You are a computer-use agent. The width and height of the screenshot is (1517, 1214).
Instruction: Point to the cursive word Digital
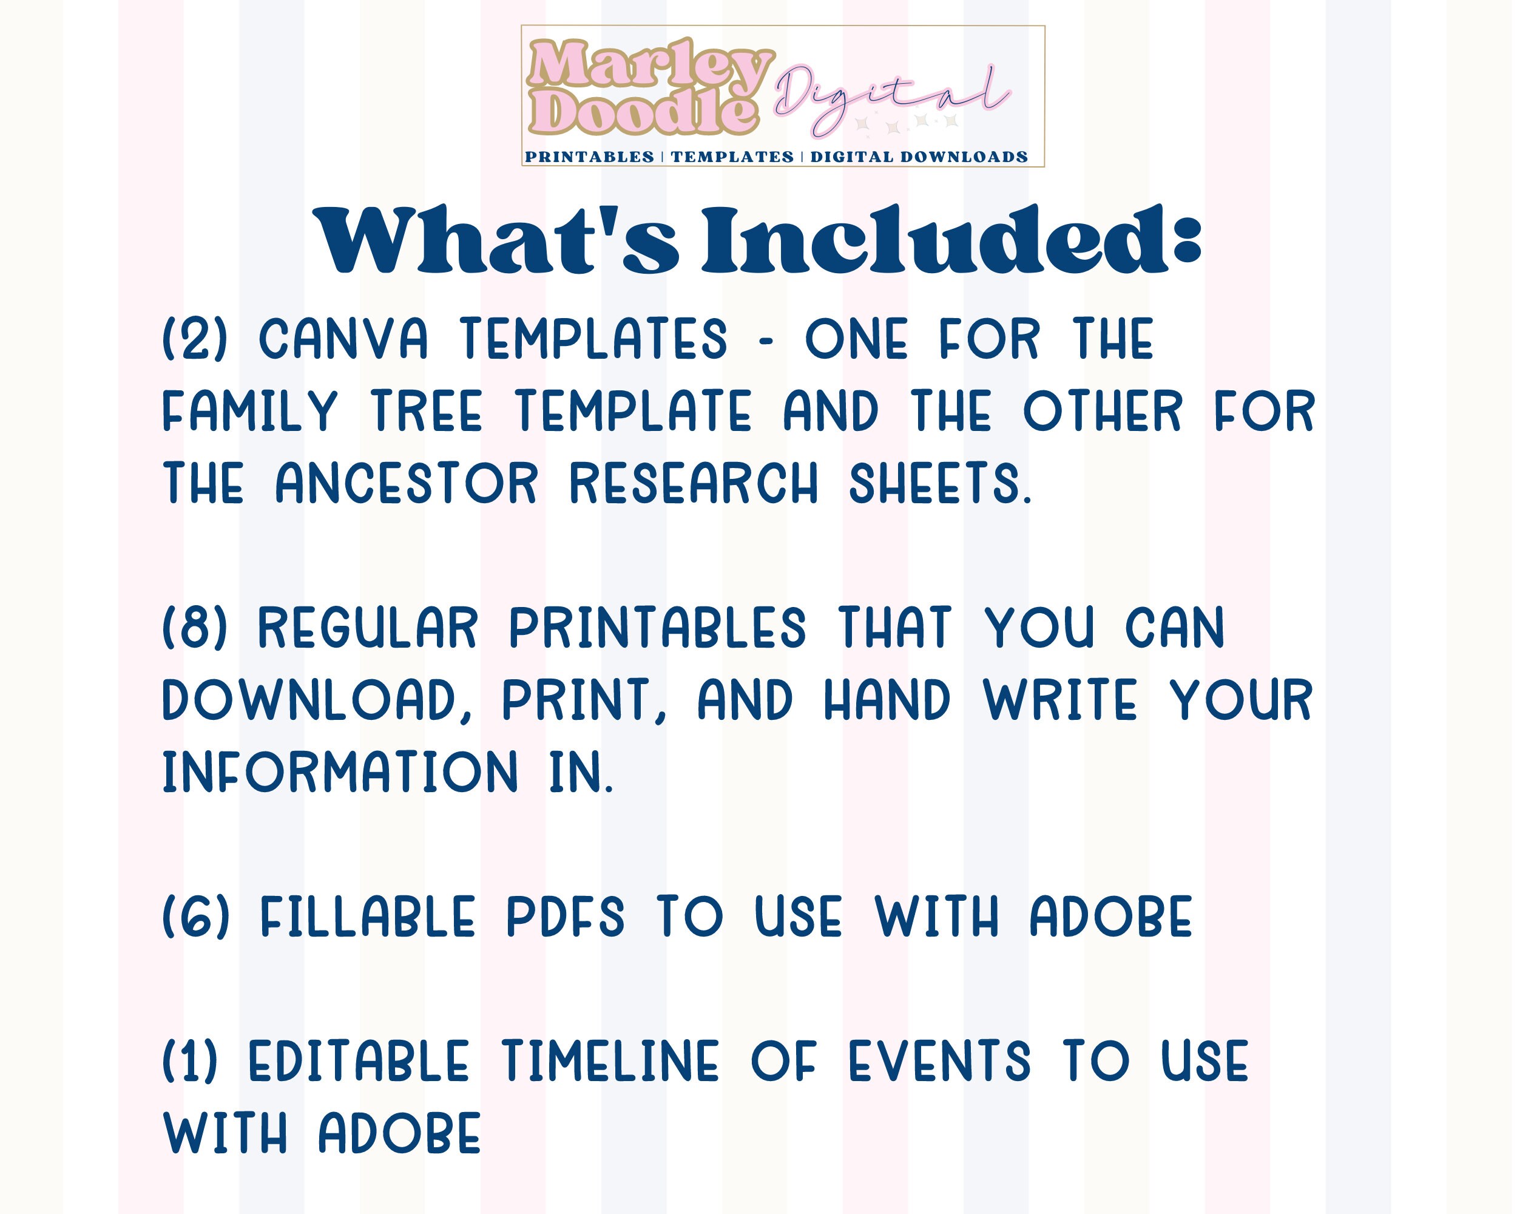[890, 99]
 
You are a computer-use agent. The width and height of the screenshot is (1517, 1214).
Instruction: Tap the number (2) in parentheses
[195, 339]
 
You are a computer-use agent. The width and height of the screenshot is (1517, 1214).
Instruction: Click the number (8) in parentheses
[195, 627]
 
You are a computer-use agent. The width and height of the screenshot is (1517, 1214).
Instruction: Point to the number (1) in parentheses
[191, 1061]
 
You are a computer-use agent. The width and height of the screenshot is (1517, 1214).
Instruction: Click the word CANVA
[344, 339]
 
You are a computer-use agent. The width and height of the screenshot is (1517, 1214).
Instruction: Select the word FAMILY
[251, 411]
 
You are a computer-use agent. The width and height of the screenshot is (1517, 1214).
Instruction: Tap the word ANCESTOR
[407, 484]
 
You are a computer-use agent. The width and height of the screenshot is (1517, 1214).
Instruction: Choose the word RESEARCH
[694, 484]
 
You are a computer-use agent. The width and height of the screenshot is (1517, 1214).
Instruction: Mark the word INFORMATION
[340, 773]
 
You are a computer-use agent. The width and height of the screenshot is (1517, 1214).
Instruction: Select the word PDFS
[566, 917]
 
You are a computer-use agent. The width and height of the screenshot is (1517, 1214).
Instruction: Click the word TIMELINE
[610, 1061]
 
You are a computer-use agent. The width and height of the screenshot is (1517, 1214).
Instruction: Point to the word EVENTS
[939, 1061]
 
